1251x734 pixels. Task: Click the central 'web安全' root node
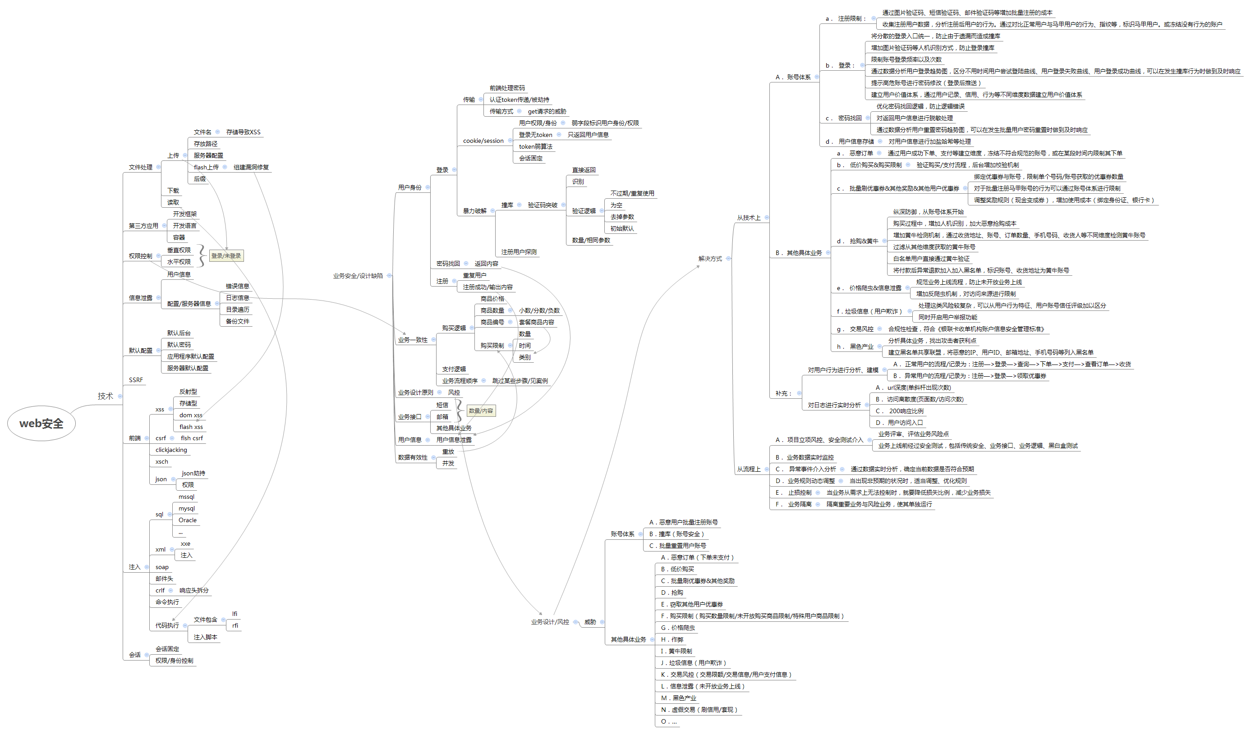[x=41, y=424]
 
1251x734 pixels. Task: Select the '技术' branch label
[x=105, y=396]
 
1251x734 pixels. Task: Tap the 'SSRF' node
[x=136, y=380]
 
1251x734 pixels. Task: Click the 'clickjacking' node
[x=171, y=450]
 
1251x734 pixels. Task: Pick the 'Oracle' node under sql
[x=188, y=520]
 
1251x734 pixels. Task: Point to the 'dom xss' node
[x=191, y=415]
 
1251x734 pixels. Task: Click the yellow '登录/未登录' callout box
[x=226, y=256]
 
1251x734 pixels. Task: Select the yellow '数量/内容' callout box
[x=481, y=410]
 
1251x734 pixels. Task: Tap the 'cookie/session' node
[x=483, y=141]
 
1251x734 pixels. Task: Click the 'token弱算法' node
[x=536, y=147]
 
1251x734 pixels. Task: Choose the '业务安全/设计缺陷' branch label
[x=358, y=276]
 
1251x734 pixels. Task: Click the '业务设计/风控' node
[x=550, y=622]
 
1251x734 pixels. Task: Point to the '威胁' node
[x=590, y=622]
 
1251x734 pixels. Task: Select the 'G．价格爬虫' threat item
[x=678, y=628]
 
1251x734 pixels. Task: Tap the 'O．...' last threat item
[x=669, y=721]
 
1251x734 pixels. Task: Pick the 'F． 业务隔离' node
[x=794, y=504]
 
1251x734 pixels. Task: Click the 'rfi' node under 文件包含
[x=235, y=625]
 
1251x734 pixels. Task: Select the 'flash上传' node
[x=206, y=167]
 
